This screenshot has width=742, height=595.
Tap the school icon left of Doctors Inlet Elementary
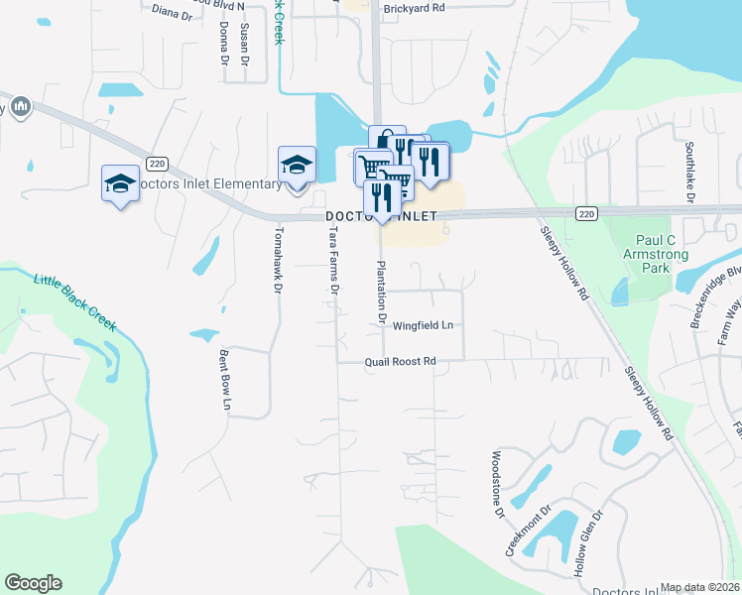120,183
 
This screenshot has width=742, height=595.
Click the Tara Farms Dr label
334,260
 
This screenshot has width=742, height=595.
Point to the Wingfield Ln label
423,325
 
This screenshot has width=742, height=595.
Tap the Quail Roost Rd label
400,362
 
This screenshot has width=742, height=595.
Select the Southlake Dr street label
688,170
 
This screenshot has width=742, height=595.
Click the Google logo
33,583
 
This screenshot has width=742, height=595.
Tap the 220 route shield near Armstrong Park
586,213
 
